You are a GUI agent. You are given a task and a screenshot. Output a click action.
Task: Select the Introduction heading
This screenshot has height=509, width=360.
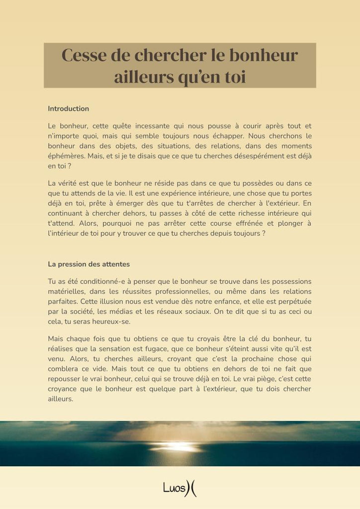[68, 108]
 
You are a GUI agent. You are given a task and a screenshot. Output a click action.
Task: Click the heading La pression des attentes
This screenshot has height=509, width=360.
[89, 264]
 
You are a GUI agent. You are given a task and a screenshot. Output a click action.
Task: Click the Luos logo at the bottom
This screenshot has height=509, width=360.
[180, 489]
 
